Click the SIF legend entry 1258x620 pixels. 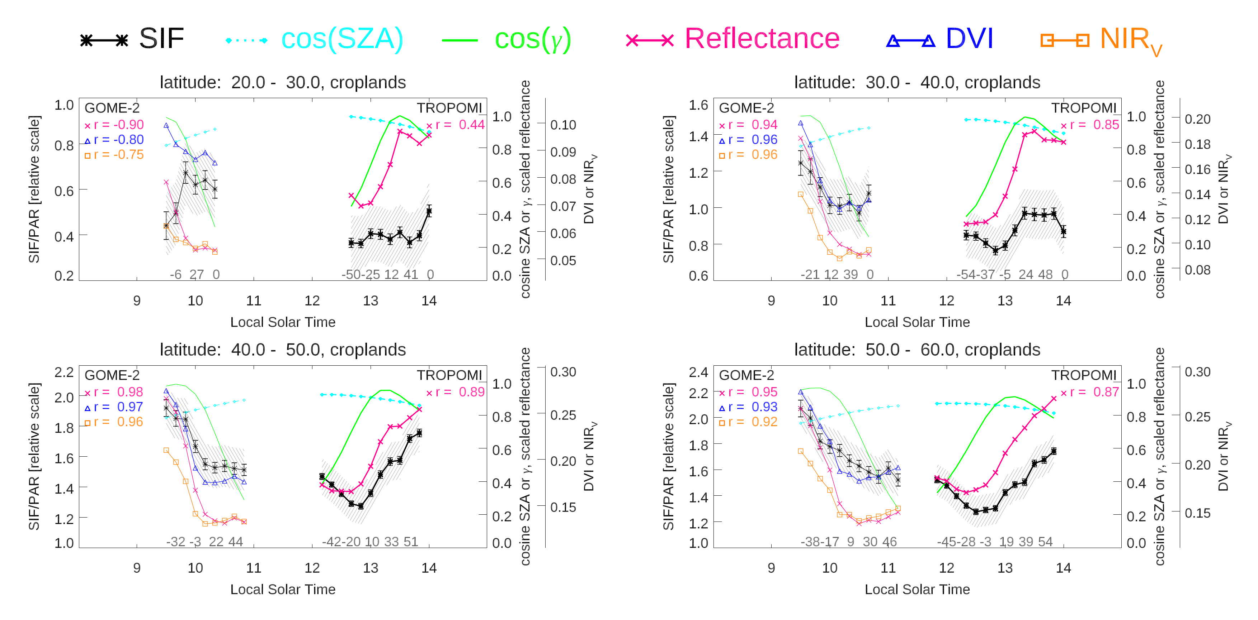[x=132, y=39]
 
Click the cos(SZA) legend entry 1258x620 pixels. [x=315, y=39]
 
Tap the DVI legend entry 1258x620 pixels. [x=940, y=39]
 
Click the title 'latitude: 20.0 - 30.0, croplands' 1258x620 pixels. [x=282, y=82]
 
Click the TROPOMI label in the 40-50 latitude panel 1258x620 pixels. [x=449, y=375]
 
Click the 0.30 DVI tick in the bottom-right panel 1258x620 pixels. [x=1197, y=372]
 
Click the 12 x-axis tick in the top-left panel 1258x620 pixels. [x=312, y=301]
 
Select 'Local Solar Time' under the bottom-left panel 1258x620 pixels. [x=282, y=589]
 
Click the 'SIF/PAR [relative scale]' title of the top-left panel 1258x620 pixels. [x=34, y=189]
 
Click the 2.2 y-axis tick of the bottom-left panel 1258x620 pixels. [x=64, y=372]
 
